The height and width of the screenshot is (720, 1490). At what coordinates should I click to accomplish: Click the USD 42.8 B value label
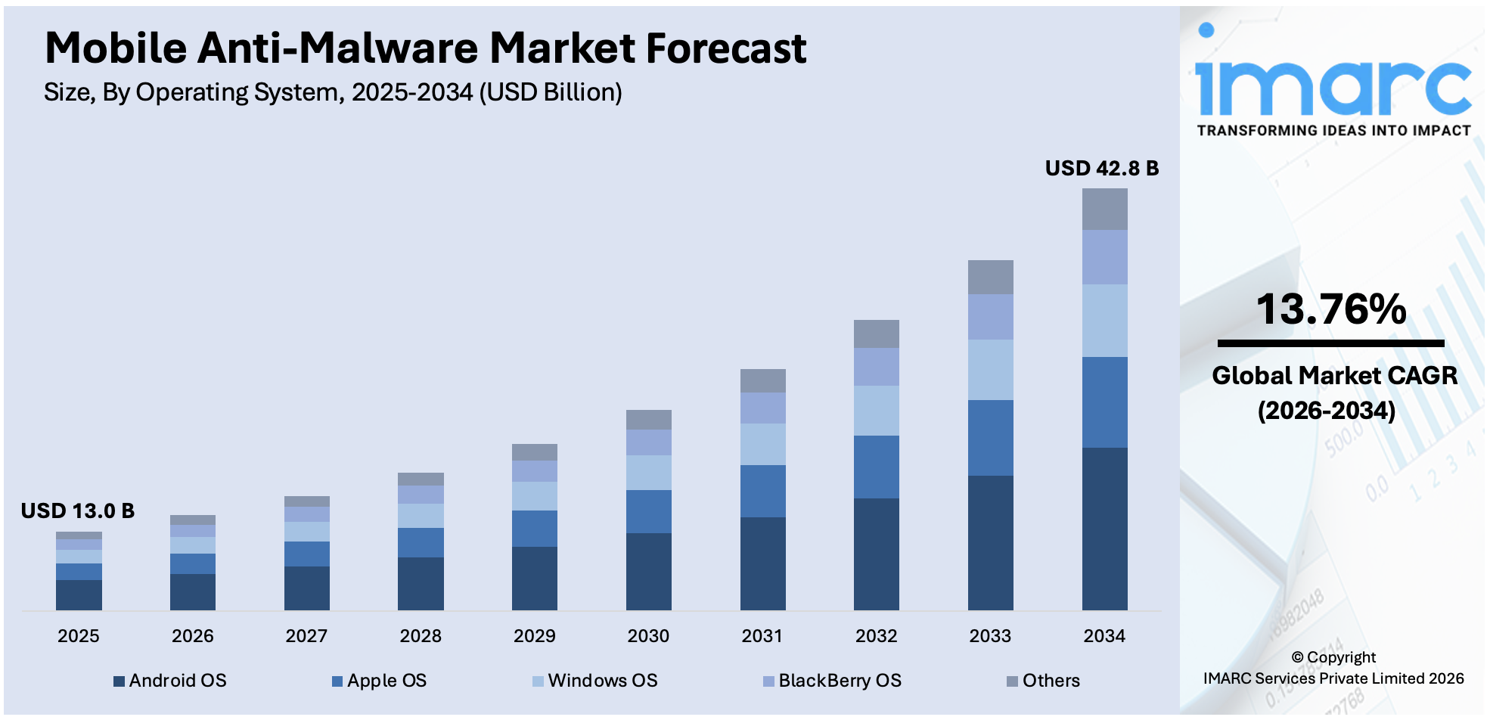pos(1101,168)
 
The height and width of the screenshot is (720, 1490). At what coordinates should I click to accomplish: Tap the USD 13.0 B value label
pos(78,511)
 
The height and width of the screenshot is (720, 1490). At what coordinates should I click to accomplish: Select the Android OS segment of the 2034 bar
pos(1104,529)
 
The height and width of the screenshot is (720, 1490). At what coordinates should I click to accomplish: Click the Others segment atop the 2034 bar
pos(1104,209)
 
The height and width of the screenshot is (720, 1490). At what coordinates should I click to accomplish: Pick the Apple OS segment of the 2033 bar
pos(990,437)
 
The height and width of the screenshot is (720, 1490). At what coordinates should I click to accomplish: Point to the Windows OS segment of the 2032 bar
pos(876,410)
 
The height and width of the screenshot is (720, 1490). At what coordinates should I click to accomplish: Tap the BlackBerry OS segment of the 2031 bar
pos(762,408)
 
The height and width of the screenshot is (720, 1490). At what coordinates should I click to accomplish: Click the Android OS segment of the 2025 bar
pos(79,594)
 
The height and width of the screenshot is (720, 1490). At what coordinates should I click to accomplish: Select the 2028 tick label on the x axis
pos(421,636)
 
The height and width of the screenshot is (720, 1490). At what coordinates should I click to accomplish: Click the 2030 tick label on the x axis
pos(648,636)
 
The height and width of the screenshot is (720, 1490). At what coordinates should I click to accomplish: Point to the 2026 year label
pos(192,636)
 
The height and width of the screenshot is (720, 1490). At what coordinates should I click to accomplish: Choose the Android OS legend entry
pos(170,681)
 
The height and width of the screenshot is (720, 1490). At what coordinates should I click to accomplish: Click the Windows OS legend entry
pos(595,681)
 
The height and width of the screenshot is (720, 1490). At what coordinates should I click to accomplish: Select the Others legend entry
pos(1044,681)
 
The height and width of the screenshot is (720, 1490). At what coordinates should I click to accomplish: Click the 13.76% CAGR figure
pos(1331,309)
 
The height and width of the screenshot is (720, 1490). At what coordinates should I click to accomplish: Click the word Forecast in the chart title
pos(726,48)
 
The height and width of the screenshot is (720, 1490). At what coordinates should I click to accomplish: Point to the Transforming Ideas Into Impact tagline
pos(1333,131)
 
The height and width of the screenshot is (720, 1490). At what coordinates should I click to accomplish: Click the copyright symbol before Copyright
pos(1297,658)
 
